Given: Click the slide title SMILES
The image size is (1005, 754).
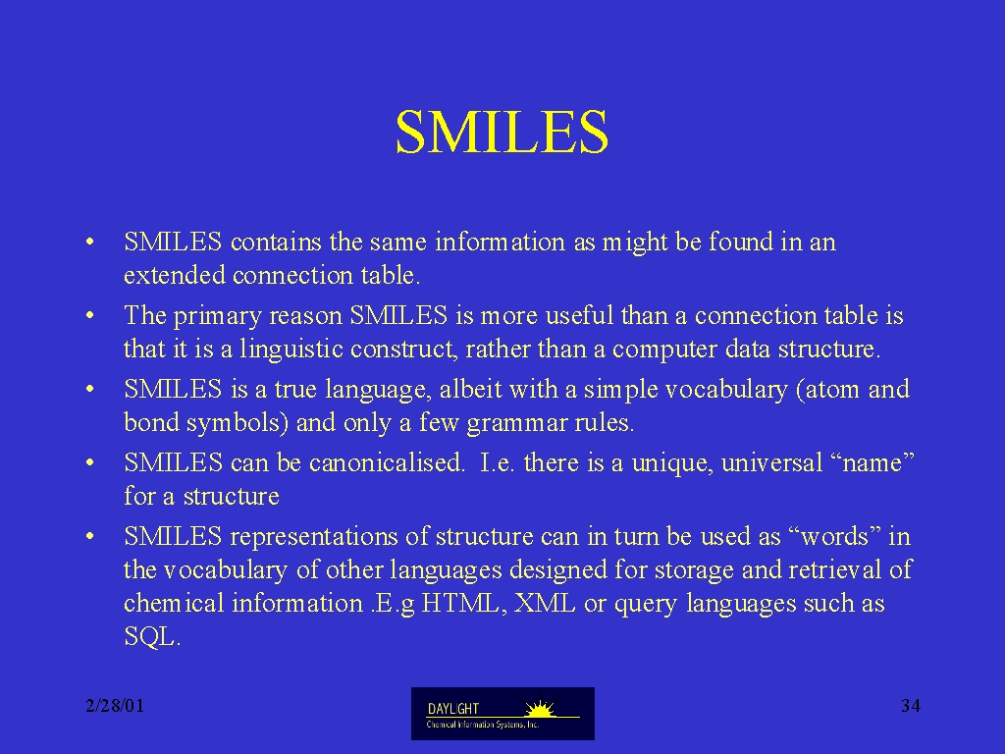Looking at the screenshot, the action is (502, 133).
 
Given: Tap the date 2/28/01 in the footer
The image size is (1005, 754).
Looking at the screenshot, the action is (115, 706).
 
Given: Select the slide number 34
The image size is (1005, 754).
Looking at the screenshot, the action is (911, 706).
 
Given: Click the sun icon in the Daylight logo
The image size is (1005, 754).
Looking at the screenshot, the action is (541, 709).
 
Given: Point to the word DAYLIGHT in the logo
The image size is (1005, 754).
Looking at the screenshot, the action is (453, 709).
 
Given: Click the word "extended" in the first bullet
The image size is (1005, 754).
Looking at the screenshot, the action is (175, 275).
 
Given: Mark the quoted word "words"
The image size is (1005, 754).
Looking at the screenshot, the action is (834, 537).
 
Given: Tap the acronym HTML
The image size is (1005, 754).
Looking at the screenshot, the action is (460, 604).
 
